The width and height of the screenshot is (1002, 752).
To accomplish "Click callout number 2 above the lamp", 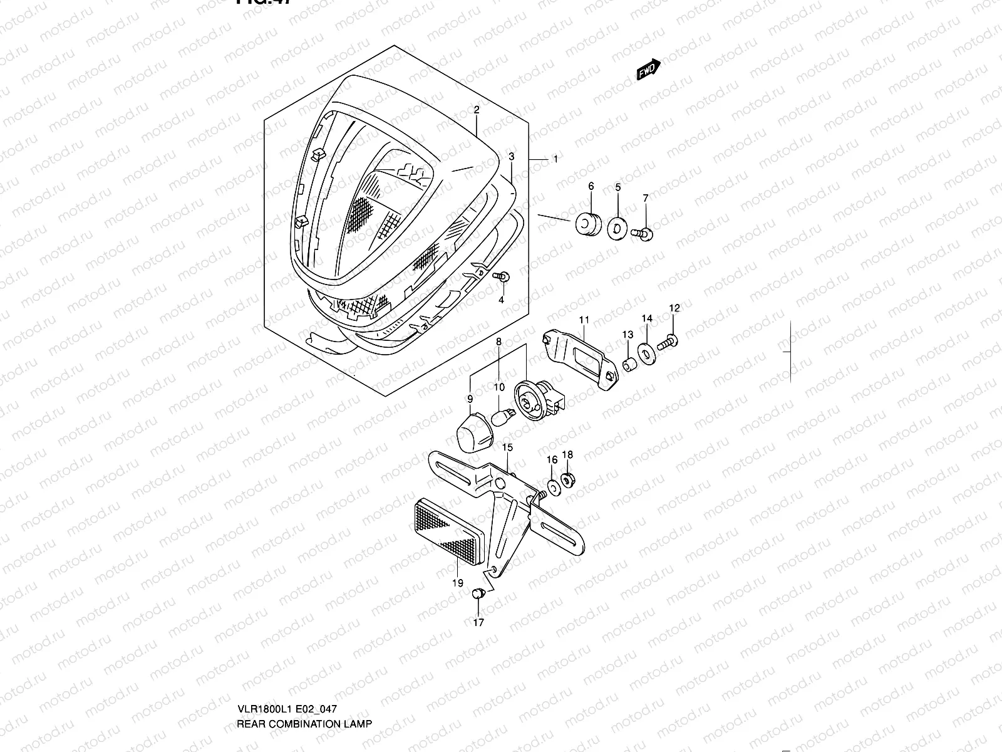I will click(x=476, y=110).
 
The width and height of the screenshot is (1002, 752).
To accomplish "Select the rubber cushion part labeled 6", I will click(x=588, y=224).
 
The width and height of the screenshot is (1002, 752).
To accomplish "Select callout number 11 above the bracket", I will click(x=584, y=320).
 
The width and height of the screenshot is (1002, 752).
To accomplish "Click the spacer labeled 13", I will click(x=630, y=365).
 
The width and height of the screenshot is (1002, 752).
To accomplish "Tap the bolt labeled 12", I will click(x=669, y=342).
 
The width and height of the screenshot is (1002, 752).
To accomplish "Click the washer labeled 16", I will click(x=553, y=487).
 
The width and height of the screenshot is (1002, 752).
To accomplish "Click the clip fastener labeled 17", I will click(x=479, y=592).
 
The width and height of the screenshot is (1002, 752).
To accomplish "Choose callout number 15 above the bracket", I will click(x=507, y=447).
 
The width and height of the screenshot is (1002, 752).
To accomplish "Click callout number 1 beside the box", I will click(x=555, y=159).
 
